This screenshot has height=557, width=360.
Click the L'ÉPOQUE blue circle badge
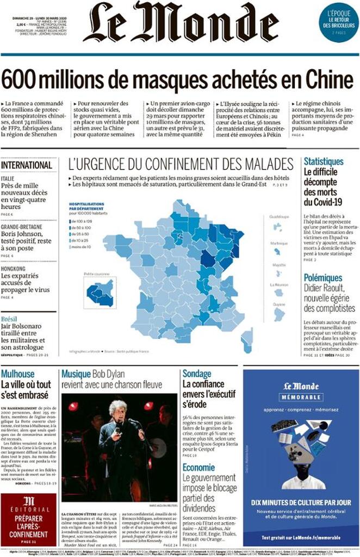(338, 22)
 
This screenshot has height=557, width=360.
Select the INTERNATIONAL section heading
(27, 165)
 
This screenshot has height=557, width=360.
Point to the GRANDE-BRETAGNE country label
(24, 227)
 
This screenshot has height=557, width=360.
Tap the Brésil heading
(9, 319)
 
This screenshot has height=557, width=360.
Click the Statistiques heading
(324, 162)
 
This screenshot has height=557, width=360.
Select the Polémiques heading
(323, 278)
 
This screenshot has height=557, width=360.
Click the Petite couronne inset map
(100, 294)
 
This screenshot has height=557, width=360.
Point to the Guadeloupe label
(278, 216)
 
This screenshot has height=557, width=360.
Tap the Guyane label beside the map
(278, 304)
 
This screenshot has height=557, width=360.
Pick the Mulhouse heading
(18, 374)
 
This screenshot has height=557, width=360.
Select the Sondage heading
(197, 374)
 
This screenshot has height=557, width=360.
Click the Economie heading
(198, 468)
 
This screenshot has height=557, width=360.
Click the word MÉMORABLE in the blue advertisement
(301, 398)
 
